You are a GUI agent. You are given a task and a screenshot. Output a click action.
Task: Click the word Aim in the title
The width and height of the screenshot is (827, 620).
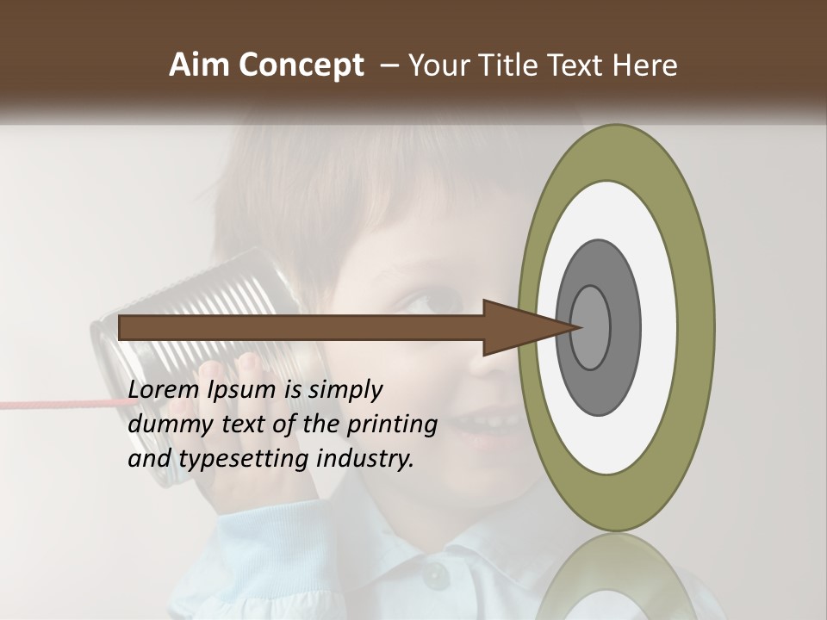[199, 65]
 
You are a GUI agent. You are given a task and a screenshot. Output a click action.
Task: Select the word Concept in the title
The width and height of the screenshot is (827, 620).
[300, 65]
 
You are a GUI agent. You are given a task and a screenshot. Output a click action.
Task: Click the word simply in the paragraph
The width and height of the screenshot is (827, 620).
[345, 390]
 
